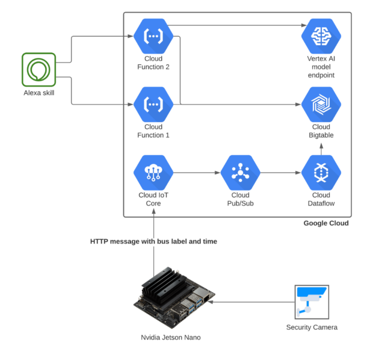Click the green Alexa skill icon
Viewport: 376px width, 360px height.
(39, 69)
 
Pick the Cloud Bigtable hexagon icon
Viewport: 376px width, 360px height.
(321, 105)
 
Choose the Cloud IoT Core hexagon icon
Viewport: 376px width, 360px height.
(153, 173)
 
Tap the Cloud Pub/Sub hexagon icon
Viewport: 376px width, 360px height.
(240, 173)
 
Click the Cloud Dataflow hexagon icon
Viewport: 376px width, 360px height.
(321, 173)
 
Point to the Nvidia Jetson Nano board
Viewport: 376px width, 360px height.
(172, 301)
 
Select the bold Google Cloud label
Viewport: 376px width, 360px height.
(326, 224)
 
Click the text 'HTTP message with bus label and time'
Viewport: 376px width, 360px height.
(153, 242)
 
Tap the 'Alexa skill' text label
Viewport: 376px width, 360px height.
(39, 93)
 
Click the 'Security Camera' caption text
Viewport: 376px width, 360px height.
(312, 328)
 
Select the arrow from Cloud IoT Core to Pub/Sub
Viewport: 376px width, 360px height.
(197, 174)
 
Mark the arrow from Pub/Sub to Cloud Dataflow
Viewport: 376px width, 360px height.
(280, 174)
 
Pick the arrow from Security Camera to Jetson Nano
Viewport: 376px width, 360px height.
(253, 301)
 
